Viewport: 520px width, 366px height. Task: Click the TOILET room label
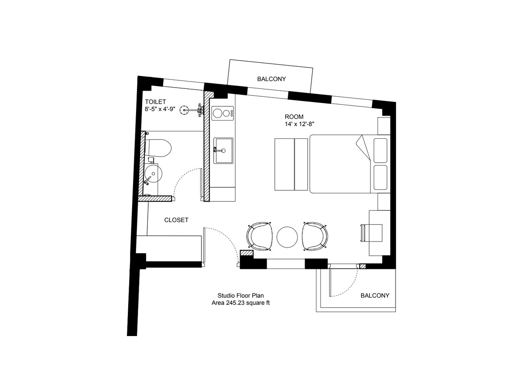click(155, 102)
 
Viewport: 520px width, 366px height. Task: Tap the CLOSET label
click(176, 220)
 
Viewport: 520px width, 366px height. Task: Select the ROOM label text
click(294, 117)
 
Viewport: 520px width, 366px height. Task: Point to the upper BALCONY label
click(271, 79)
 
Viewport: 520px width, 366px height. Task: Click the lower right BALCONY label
click(375, 296)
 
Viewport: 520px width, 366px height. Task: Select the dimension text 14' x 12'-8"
click(299, 124)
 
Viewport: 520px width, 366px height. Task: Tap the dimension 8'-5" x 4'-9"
click(160, 109)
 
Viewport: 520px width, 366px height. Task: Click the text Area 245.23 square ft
click(240, 303)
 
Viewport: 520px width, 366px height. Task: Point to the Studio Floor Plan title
click(240, 296)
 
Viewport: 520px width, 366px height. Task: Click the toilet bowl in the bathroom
click(158, 148)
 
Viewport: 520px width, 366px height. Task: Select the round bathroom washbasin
click(153, 173)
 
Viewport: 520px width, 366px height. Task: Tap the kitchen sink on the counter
click(223, 150)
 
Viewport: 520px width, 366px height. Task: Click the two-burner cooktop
click(223, 113)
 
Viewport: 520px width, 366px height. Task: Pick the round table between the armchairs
click(287, 237)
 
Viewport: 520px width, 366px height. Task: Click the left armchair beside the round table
click(259, 236)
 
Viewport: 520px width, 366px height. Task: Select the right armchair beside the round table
click(315, 236)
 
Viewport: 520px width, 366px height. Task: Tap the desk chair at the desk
click(371, 233)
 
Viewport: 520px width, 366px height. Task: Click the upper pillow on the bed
click(380, 150)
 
